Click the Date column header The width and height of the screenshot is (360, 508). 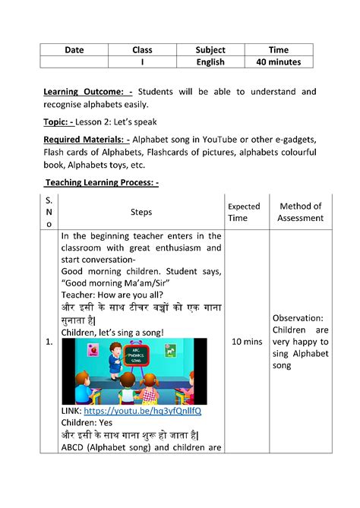point(74,49)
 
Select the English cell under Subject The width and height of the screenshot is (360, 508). point(210,62)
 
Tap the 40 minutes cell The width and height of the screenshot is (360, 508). point(279,62)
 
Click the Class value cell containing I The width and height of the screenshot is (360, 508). point(142,62)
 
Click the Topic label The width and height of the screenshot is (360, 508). point(61,121)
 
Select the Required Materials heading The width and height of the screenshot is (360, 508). point(87,139)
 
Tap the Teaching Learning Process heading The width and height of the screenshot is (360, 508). point(102,182)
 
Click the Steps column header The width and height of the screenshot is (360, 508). point(141,213)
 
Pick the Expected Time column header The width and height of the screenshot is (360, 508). point(245,212)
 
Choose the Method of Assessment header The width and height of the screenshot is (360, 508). point(301,212)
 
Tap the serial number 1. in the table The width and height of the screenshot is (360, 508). point(49,342)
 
